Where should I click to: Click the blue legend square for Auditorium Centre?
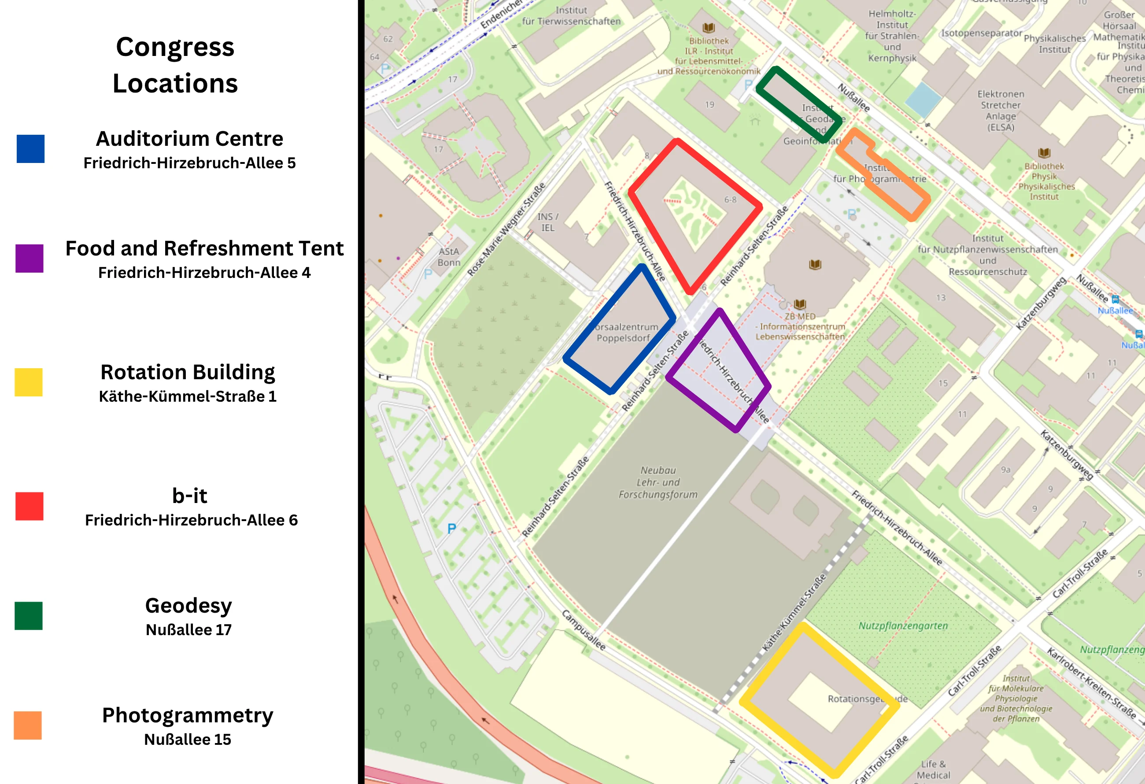click(30, 148)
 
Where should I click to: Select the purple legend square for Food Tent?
click(30, 258)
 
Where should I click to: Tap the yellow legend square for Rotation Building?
click(29, 382)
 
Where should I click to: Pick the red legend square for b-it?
click(30, 506)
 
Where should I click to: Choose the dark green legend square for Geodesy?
click(29, 615)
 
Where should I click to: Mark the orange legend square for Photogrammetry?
click(28, 725)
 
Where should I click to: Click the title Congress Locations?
click(175, 65)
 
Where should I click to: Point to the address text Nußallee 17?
click(188, 629)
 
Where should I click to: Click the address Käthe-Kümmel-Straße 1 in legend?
click(188, 396)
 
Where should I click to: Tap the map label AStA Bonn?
click(449, 257)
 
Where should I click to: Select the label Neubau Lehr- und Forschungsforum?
click(658, 482)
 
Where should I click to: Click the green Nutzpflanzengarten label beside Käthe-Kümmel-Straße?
click(903, 625)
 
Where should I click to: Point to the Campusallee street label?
click(584, 630)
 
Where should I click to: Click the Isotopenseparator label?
click(982, 33)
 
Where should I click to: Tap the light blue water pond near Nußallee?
click(923, 99)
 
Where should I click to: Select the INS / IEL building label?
click(548, 222)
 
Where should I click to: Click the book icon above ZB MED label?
click(800, 304)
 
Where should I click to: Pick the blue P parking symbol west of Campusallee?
click(451, 529)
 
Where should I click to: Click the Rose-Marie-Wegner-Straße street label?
click(506, 229)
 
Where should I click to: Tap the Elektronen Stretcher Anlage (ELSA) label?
click(1001, 111)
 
